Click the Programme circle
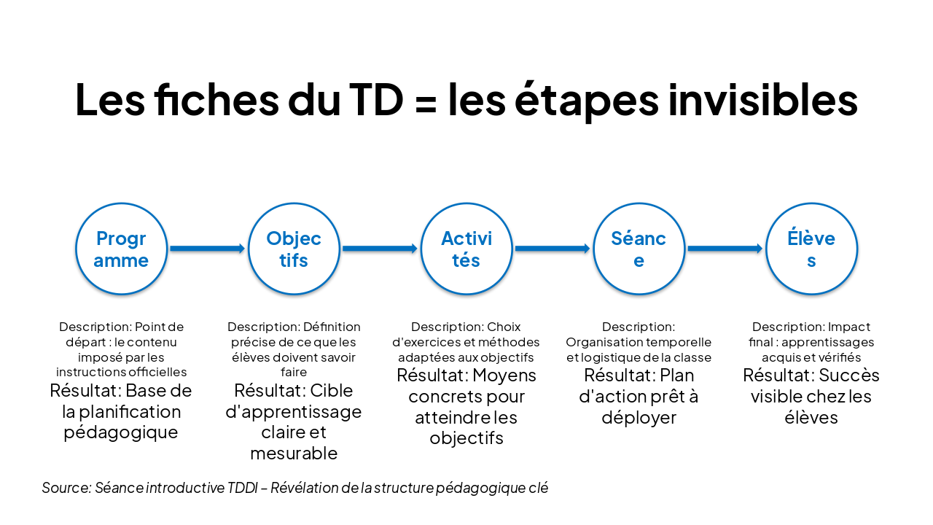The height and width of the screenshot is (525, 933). [x=121, y=249]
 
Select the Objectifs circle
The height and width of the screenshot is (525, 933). [x=294, y=249]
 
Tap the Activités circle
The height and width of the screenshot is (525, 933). [x=466, y=249]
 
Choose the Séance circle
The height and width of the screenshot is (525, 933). [x=639, y=249]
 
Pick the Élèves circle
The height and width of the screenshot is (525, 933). [x=811, y=249]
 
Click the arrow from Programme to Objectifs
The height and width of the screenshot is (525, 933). [x=207, y=249]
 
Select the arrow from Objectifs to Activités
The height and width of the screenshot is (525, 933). [x=380, y=249]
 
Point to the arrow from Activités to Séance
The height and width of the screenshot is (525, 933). [x=553, y=249]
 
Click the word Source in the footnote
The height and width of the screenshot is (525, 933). [x=65, y=488]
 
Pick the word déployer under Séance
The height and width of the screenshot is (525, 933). [x=639, y=418]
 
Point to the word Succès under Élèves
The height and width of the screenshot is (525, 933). [x=849, y=376]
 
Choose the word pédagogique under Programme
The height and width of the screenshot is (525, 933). [x=121, y=432]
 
